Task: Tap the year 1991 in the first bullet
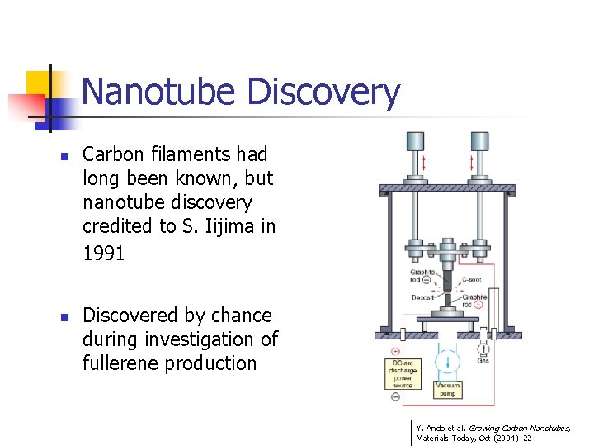104,254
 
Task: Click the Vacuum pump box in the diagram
447,389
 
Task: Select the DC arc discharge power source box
403,372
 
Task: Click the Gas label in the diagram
483,361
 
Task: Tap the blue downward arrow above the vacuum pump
446,361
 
